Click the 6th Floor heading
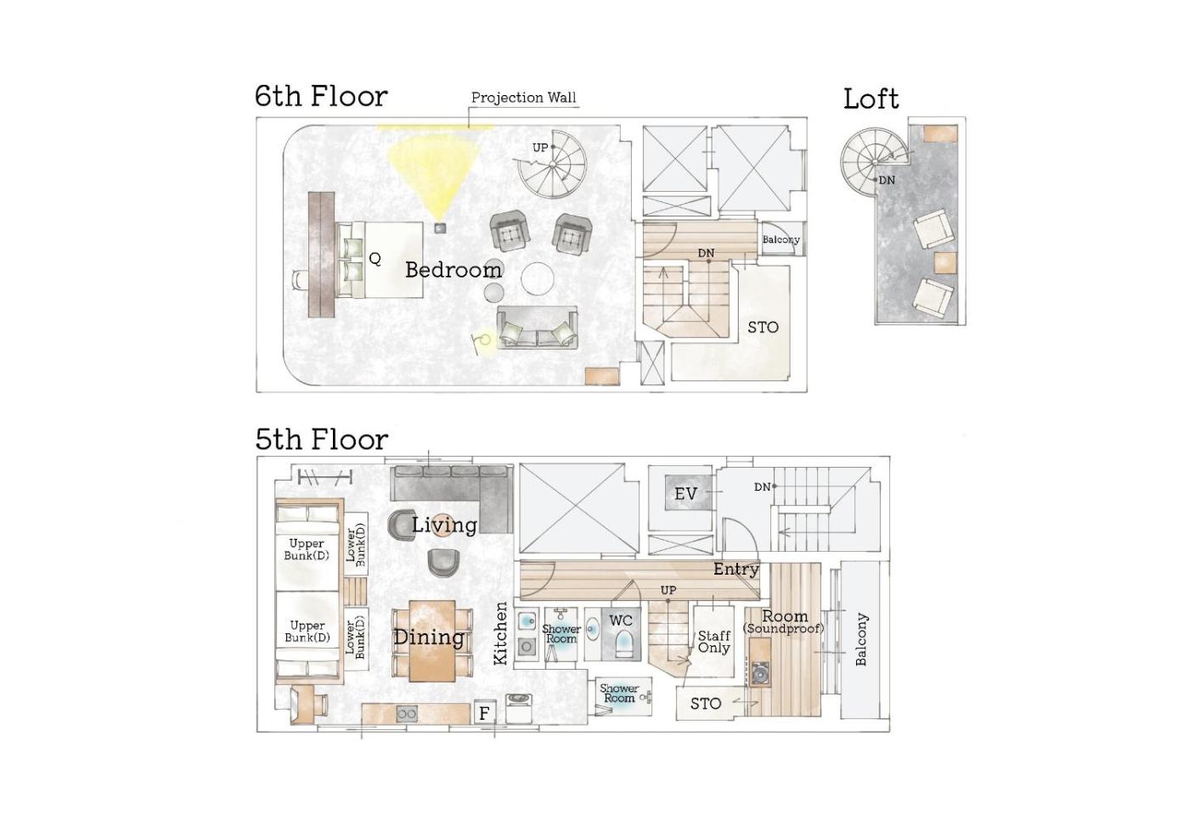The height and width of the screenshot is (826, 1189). point(321,96)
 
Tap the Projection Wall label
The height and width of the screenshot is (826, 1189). point(523,98)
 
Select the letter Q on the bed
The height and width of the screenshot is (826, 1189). point(375,259)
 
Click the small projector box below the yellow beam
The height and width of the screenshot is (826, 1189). point(440,228)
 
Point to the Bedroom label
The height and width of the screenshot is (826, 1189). point(454,270)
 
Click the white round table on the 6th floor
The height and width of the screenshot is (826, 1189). point(537,278)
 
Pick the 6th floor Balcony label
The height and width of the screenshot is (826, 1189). point(780,239)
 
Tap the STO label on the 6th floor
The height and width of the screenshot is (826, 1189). point(763,328)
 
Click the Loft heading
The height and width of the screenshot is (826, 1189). point(871,99)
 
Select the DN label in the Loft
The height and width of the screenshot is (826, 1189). point(887,180)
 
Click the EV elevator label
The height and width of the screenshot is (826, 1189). point(685,494)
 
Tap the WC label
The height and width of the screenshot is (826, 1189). point(621,621)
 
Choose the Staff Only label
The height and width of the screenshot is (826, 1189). point(714,642)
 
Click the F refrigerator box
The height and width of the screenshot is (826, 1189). point(484,714)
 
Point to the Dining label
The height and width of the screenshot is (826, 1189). point(429,638)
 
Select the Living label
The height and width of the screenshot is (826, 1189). point(445,525)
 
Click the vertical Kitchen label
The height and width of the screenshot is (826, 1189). point(500,633)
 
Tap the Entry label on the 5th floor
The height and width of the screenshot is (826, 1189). point(735,570)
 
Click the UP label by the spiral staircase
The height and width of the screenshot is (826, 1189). point(540,148)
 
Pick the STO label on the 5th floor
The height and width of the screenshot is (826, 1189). point(706,704)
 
